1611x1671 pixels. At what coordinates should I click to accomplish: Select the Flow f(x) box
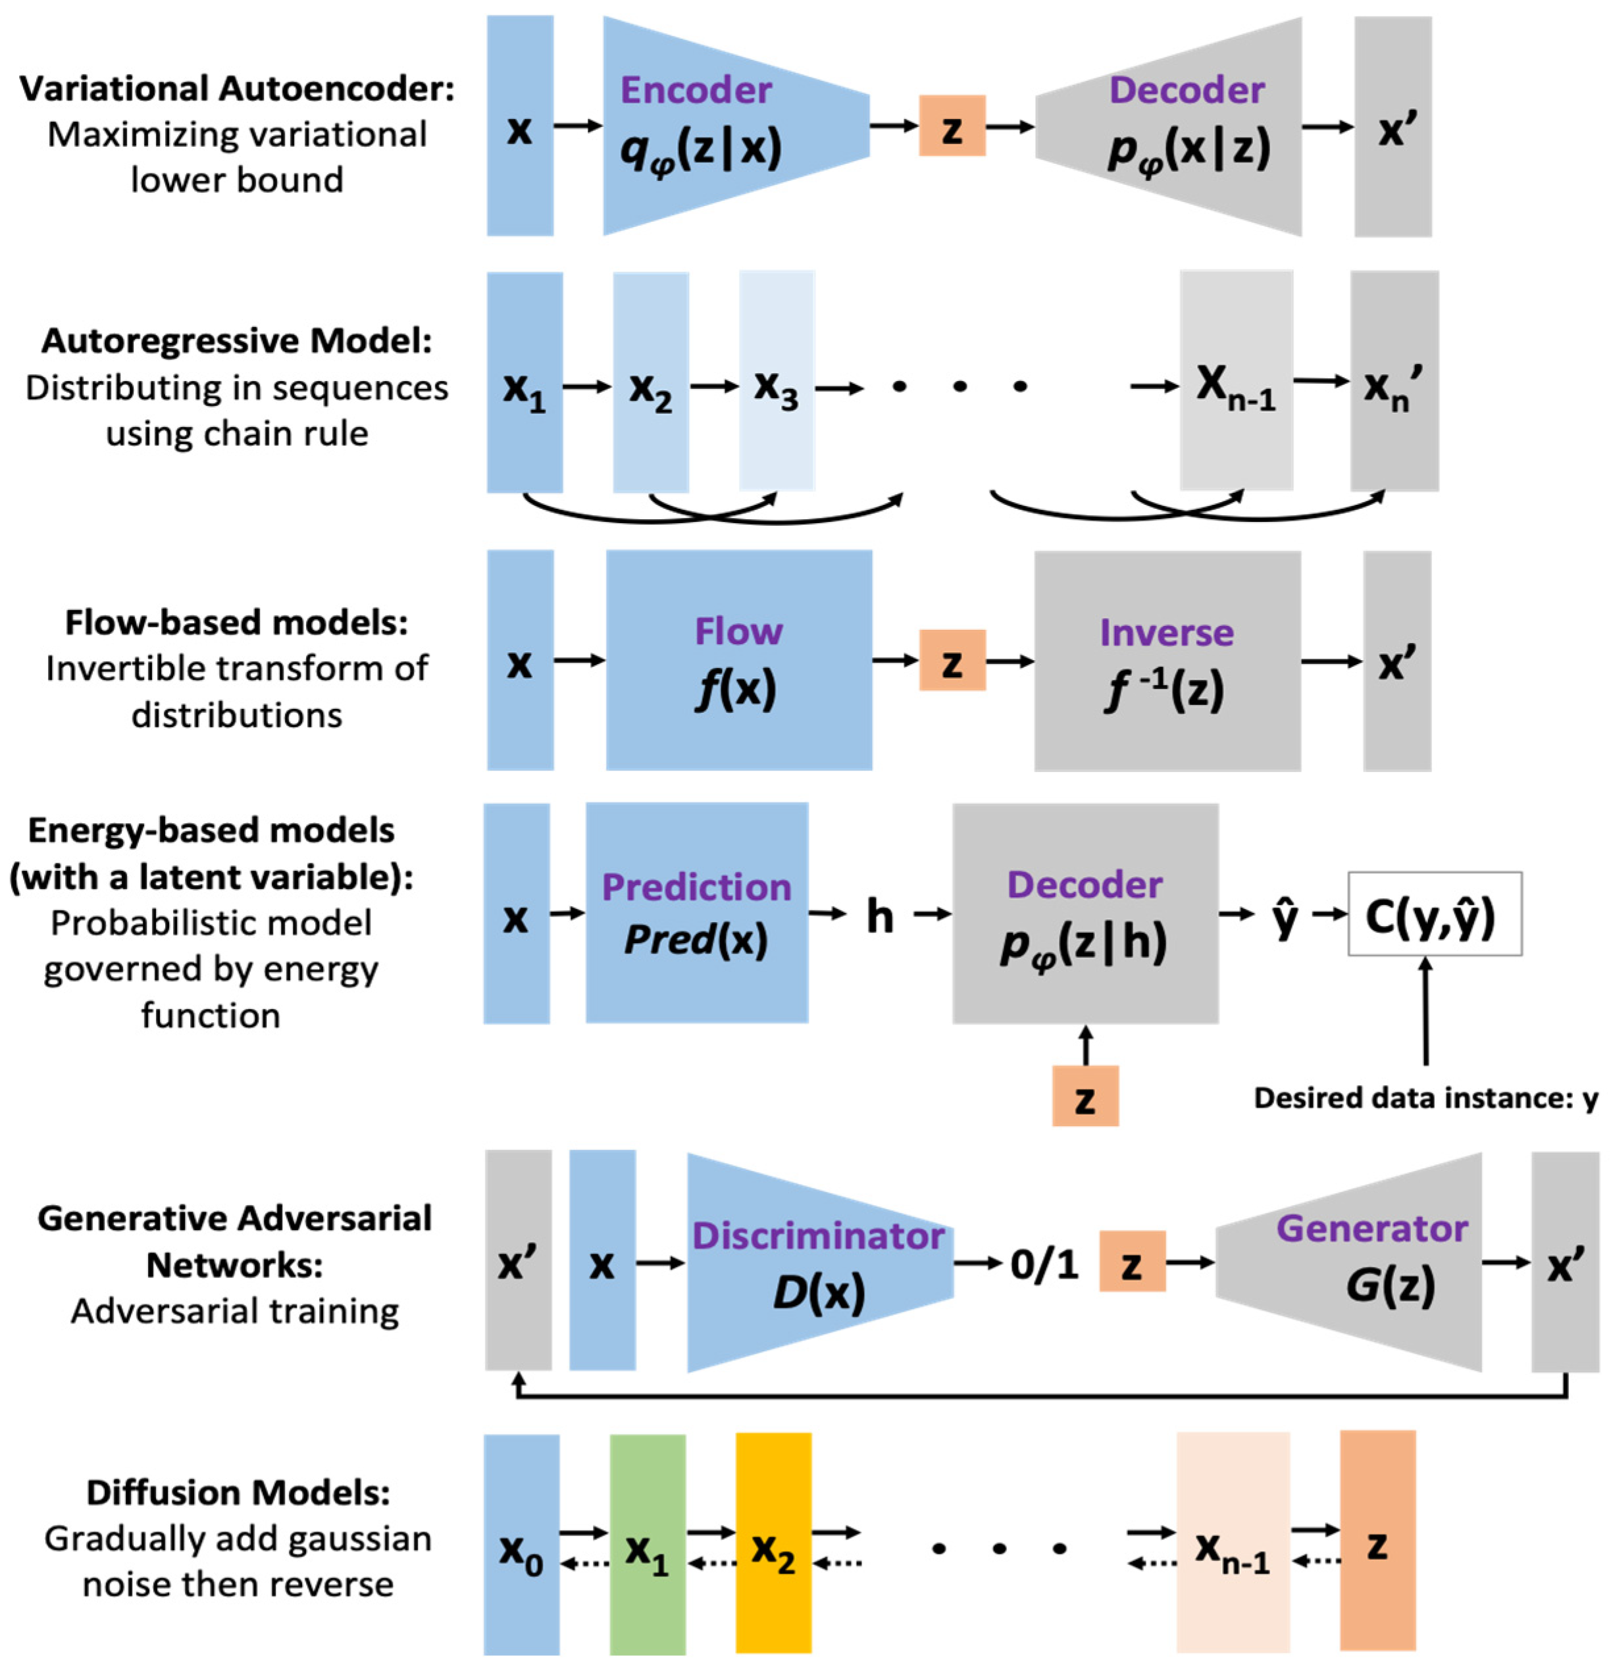pyautogui.click(x=738, y=660)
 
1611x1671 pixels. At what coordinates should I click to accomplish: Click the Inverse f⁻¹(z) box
pyautogui.click(x=1166, y=661)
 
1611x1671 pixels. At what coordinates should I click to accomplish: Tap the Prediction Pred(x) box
pyautogui.click(x=696, y=912)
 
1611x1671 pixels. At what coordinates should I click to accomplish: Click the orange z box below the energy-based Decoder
pyautogui.click(x=1085, y=1096)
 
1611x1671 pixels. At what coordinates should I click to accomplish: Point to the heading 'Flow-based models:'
pyautogui.click(x=236, y=623)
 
